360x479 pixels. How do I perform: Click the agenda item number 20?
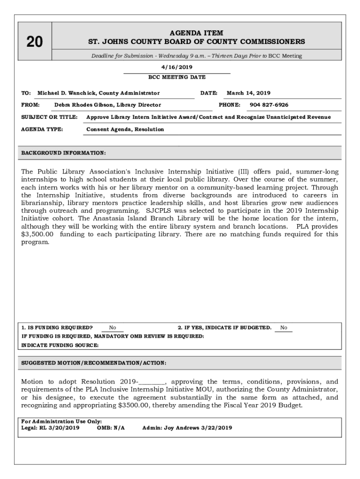tap(35, 42)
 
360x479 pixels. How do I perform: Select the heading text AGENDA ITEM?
tap(196, 33)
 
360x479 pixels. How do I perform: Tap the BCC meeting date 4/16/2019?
tap(177, 67)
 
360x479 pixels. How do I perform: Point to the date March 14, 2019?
tap(248, 93)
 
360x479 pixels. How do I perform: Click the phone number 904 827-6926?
tap(269, 105)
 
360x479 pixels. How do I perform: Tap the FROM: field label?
tap(30, 105)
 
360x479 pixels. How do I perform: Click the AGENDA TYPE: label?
tap(42, 129)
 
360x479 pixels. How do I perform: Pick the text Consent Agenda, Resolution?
tap(125, 129)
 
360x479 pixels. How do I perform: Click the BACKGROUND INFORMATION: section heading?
tap(64, 153)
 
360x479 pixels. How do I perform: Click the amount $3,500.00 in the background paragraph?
tap(38, 234)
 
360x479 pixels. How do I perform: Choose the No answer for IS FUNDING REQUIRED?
tap(113, 328)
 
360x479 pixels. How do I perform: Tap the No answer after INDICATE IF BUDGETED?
tap(284, 328)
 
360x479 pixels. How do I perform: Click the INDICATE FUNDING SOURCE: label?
tap(60, 345)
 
